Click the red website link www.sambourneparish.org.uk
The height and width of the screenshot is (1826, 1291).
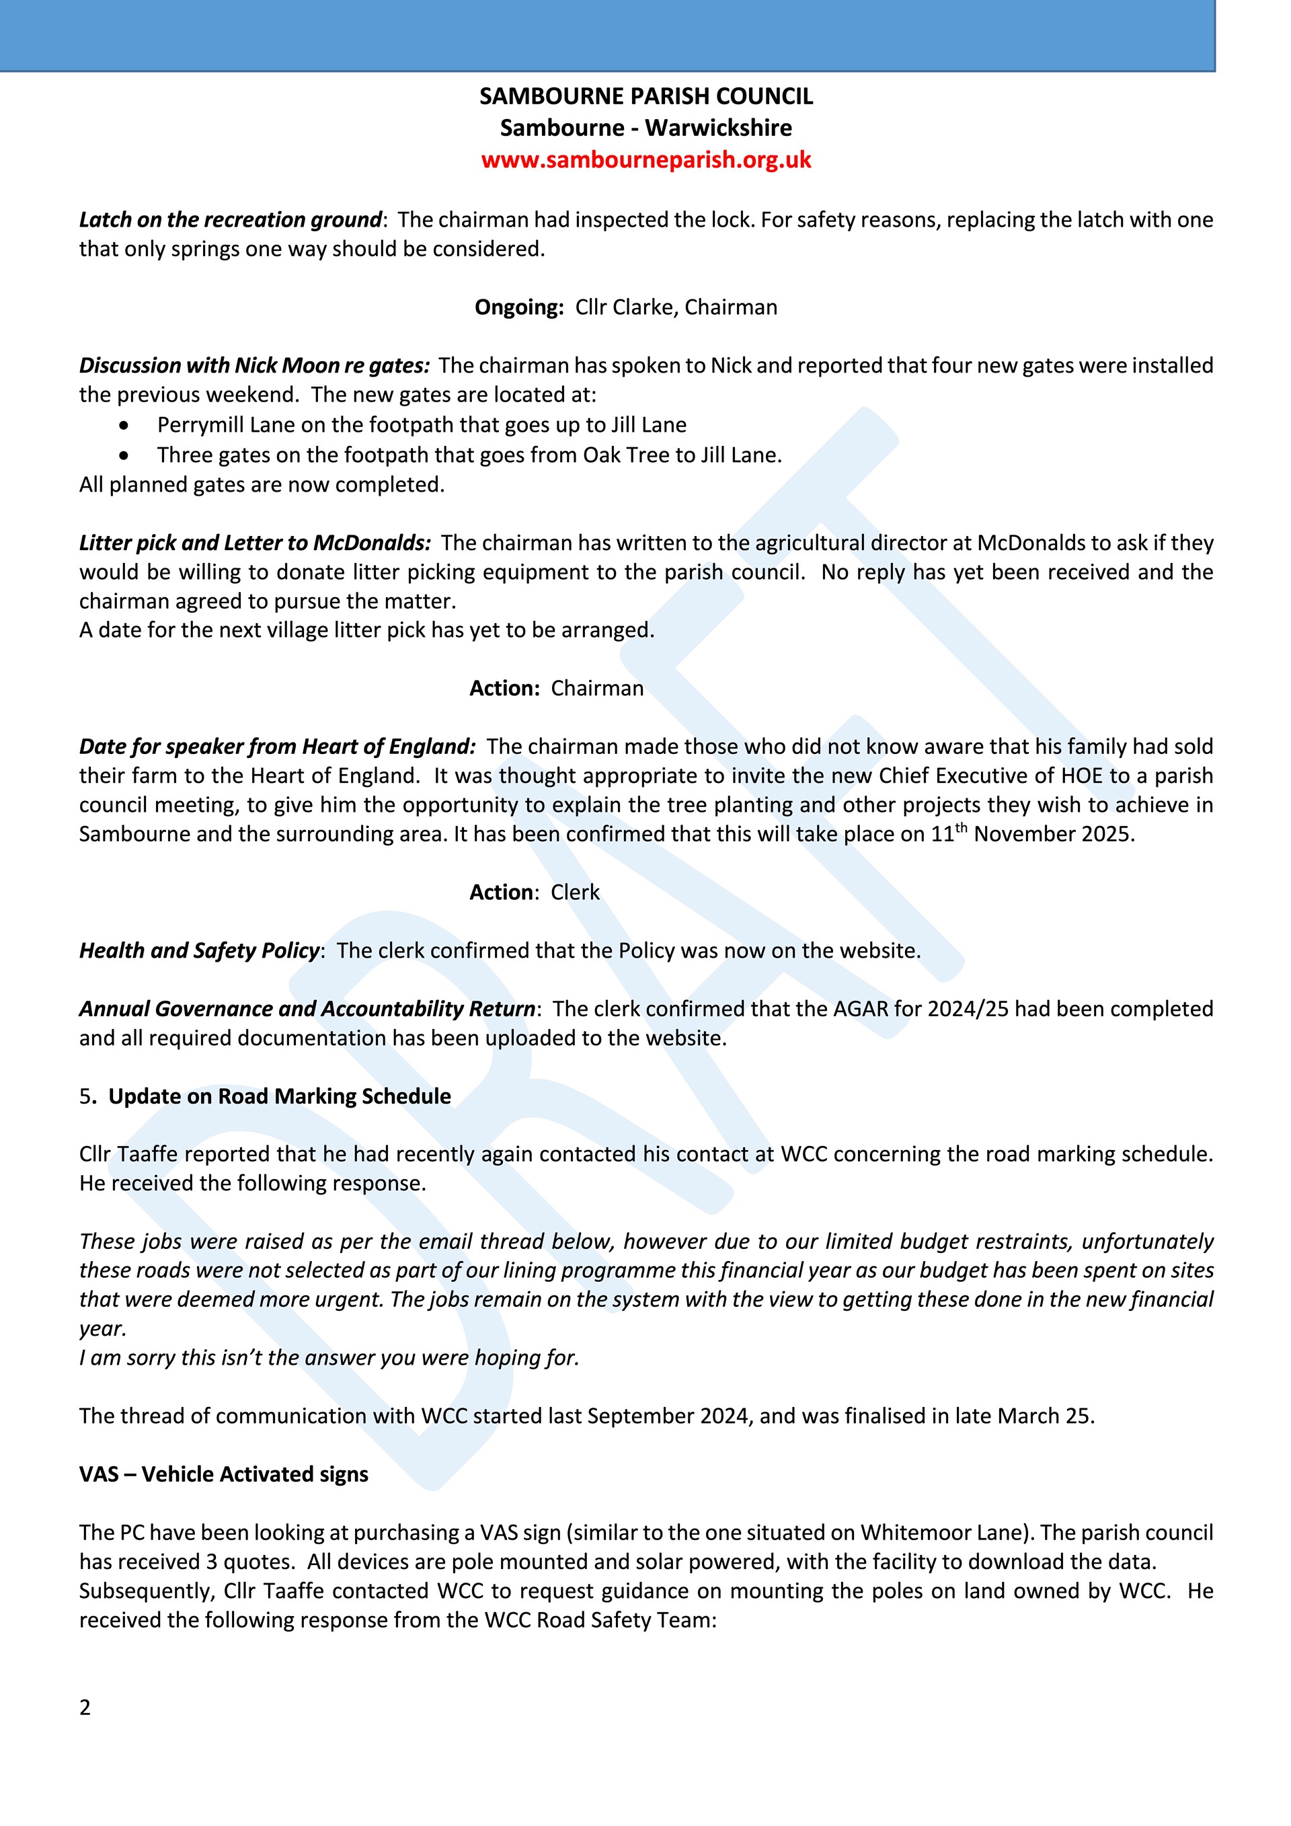point(645,160)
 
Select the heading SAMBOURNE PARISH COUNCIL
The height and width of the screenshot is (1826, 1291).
point(645,96)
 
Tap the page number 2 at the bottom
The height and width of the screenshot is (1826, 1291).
point(85,1708)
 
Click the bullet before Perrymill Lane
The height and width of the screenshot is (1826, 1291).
point(123,426)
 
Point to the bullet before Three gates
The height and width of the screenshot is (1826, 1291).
point(123,456)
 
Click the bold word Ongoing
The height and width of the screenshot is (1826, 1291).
point(518,308)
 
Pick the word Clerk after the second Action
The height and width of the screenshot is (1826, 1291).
point(575,892)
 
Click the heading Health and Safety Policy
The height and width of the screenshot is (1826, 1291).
point(199,950)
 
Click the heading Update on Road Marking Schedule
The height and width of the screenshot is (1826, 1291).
point(279,1097)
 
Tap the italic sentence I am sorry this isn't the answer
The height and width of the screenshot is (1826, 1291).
point(329,1358)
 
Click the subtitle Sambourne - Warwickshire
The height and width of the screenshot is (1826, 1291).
point(645,128)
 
